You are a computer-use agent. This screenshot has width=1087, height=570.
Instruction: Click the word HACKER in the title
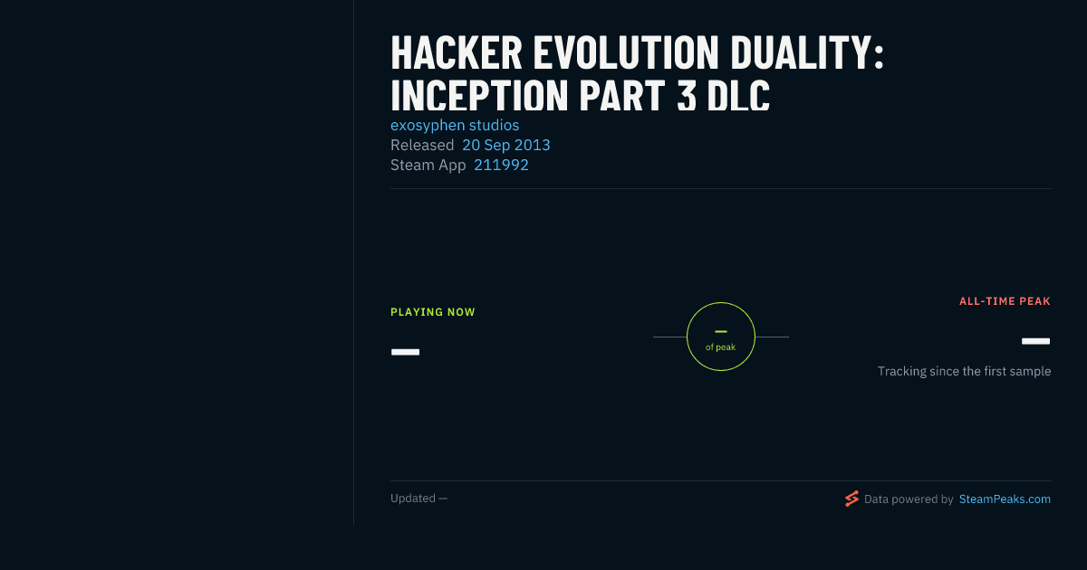click(x=457, y=52)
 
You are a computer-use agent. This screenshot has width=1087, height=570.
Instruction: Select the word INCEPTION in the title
click(x=479, y=95)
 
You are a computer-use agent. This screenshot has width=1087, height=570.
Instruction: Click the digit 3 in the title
click(x=687, y=95)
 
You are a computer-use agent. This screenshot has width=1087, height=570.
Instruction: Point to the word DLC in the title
click(x=738, y=95)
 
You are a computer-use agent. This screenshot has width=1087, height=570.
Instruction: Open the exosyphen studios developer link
click(x=455, y=126)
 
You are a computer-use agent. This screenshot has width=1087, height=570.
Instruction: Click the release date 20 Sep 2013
click(x=506, y=146)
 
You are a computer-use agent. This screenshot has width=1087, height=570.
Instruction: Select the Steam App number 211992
click(x=501, y=166)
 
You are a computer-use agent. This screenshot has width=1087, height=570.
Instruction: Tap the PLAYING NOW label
click(x=433, y=312)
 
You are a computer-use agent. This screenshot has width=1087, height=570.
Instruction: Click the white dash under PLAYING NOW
click(x=405, y=352)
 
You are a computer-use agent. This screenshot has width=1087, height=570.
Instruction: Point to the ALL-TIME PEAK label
click(x=1005, y=301)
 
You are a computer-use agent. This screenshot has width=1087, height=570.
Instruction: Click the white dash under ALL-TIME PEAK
click(x=1035, y=341)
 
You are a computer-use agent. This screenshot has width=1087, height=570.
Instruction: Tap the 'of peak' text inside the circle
click(x=721, y=347)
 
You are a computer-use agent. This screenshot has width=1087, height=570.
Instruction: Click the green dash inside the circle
click(x=721, y=331)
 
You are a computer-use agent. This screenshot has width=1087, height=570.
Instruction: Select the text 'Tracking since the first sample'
click(x=964, y=371)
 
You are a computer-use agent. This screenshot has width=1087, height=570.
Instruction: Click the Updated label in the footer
click(x=413, y=499)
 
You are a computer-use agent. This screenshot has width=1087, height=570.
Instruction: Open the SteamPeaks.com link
click(x=1005, y=499)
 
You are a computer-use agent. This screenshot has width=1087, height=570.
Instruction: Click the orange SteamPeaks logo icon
click(x=851, y=499)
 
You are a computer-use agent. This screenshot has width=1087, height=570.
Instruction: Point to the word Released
click(x=422, y=146)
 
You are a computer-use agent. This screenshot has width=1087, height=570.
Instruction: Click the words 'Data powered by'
click(x=909, y=499)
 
